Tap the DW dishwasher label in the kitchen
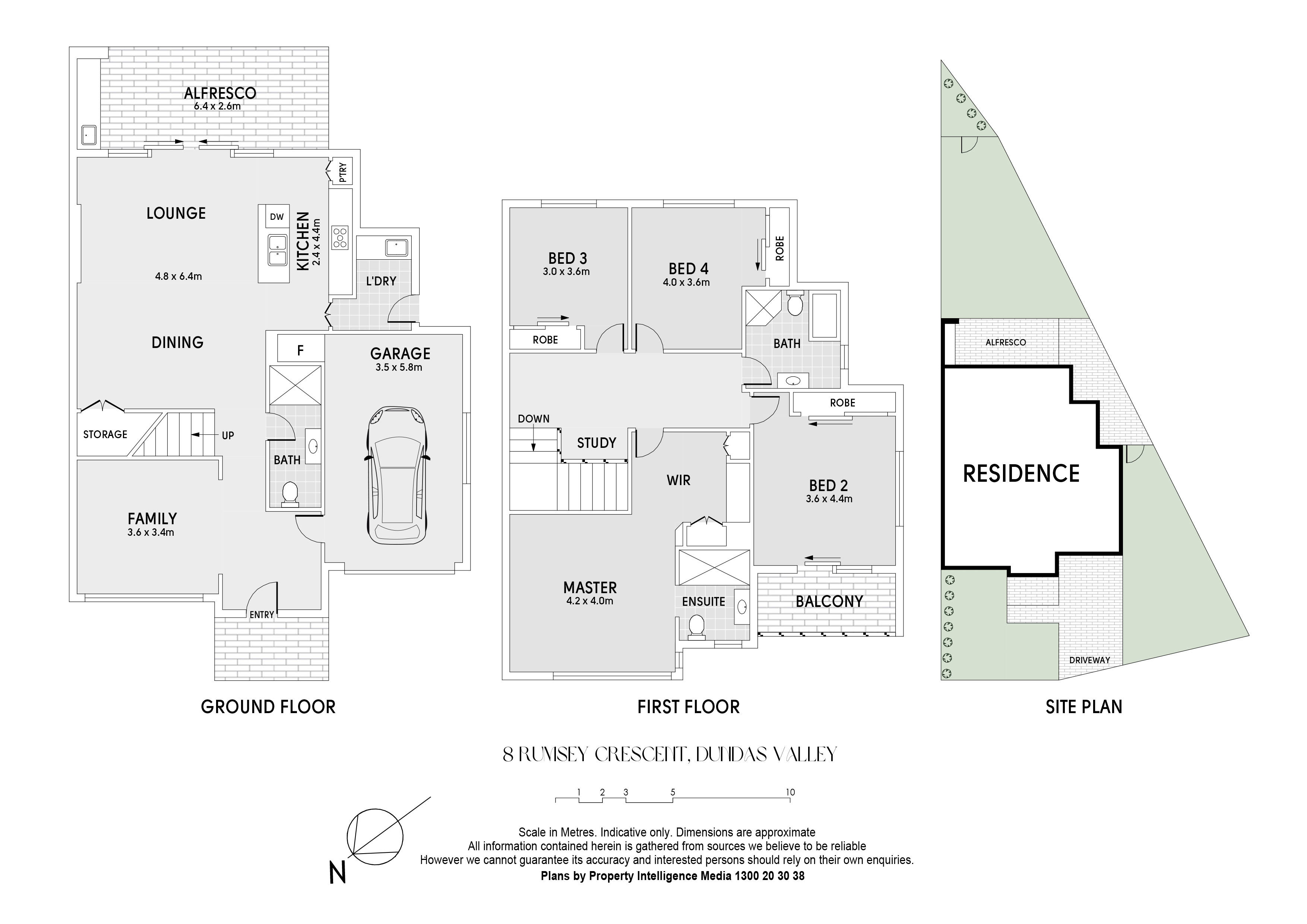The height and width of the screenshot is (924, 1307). [x=277, y=217]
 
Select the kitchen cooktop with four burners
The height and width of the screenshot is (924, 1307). [x=341, y=238]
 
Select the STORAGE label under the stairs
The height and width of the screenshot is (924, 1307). [x=105, y=434]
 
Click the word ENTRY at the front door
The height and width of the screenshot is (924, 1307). [x=262, y=615]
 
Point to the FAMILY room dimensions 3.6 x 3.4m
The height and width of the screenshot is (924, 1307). [x=151, y=533]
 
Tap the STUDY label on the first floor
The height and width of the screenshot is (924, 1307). [x=596, y=443]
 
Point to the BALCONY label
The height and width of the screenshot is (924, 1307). [x=829, y=601]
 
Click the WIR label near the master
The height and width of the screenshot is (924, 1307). [x=678, y=481]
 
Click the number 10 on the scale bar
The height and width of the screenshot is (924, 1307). [x=790, y=792]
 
